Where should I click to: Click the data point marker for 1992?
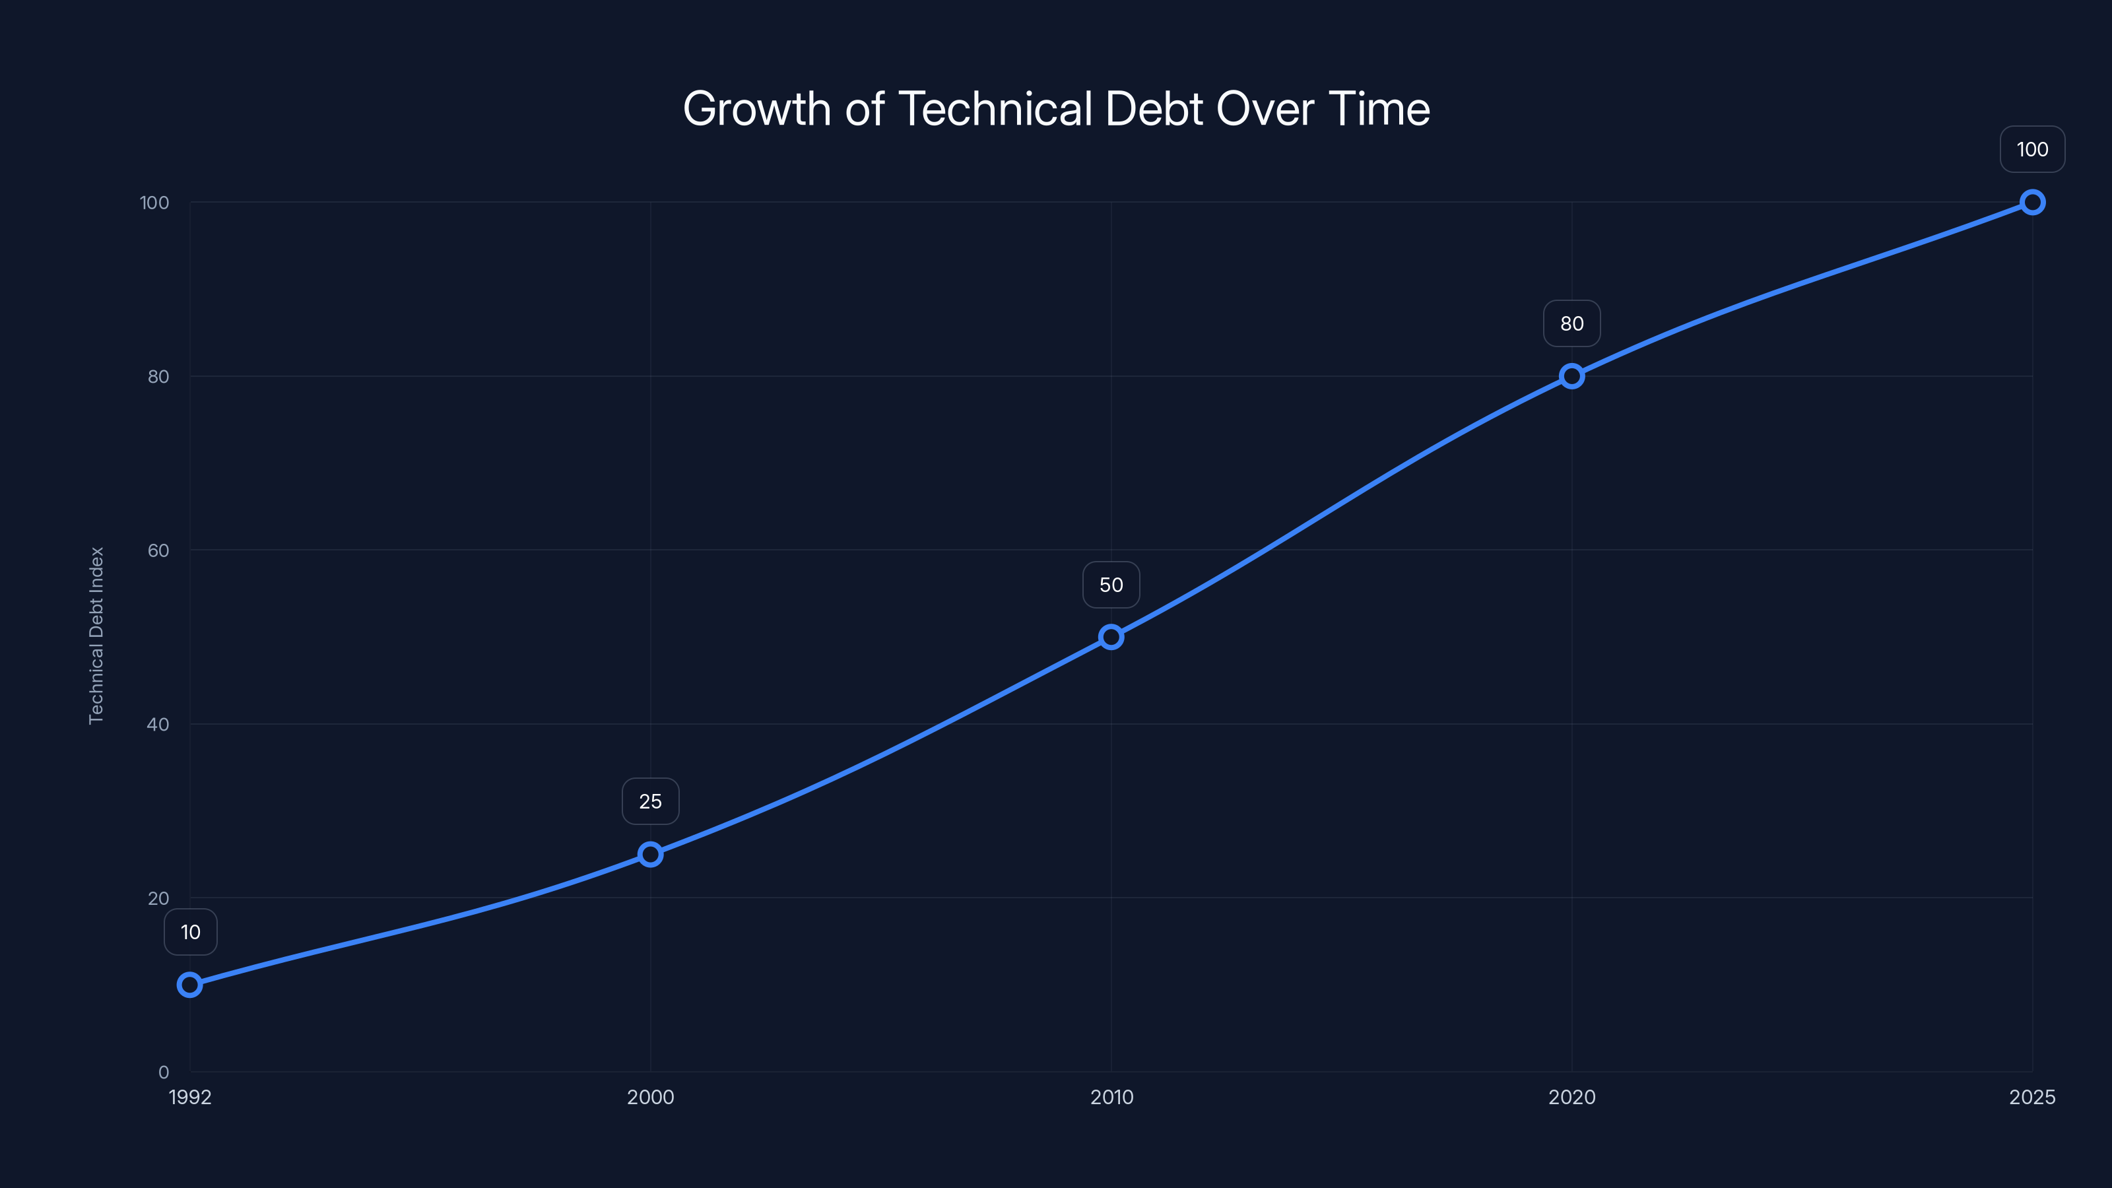click(x=189, y=985)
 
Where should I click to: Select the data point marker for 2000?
click(x=650, y=854)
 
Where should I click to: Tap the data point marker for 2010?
click(x=1111, y=637)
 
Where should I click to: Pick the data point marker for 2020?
click(x=1571, y=376)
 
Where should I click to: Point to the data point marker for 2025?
click(x=2033, y=203)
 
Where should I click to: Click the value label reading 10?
click(x=190, y=932)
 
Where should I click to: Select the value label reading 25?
click(x=650, y=801)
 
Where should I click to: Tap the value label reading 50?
click(x=1111, y=585)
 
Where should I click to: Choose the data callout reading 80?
click(x=1571, y=324)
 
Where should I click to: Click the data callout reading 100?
click(x=2033, y=149)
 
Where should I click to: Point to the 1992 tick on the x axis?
click(x=190, y=1097)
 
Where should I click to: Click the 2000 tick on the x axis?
click(x=650, y=1097)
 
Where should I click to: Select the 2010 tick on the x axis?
click(x=1111, y=1097)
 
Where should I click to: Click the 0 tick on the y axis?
click(x=163, y=1072)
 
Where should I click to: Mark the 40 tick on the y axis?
click(x=158, y=724)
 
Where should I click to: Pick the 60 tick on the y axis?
click(x=158, y=550)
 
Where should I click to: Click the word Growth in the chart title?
click(x=756, y=109)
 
